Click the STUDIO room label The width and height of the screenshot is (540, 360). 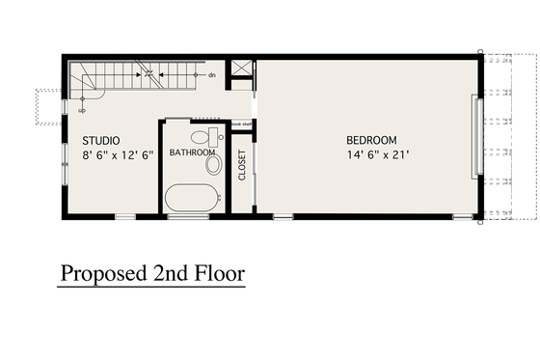click(x=100, y=141)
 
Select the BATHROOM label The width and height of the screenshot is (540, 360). click(x=191, y=152)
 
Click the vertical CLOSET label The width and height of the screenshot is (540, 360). click(x=242, y=165)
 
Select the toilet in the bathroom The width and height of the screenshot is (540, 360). click(x=203, y=137)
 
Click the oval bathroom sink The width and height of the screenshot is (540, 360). click(x=213, y=165)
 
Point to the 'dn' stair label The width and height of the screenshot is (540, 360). click(x=211, y=74)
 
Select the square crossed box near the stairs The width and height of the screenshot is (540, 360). click(x=243, y=69)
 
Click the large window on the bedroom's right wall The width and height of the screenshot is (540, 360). click(x=473, y=136)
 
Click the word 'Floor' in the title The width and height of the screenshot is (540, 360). click(x=218, y=273)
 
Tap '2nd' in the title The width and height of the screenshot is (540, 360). click(x=170, y=273)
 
